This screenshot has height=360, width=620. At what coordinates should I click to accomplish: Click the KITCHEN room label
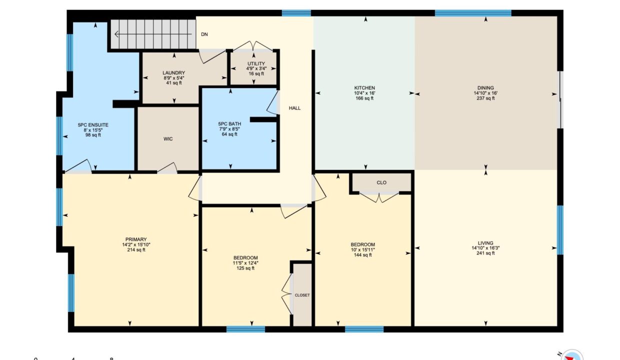[x=365, y=87]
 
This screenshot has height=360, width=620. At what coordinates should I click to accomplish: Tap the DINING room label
[x=485, y=87]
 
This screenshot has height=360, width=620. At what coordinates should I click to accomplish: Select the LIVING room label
[x=485, y=243]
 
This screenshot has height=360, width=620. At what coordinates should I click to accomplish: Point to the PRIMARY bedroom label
[x=136, y=239]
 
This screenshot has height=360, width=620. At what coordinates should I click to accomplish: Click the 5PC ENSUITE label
[x=93, y=125]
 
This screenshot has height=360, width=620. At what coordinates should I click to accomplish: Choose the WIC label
[x=168, y=139]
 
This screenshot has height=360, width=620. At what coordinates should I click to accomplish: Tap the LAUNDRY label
[x=174, y=73]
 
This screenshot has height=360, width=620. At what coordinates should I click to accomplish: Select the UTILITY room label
[x=256, y=63]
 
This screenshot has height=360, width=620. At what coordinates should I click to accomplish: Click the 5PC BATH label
[x=229, y=124]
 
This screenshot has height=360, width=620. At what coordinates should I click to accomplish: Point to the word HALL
[x=295, y=108]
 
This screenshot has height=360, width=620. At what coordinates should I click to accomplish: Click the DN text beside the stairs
[x=204, y=34]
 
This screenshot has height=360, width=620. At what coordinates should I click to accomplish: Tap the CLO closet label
[x=381, y=182]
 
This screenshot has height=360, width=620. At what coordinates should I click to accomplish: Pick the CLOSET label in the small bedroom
[x=302, y=295]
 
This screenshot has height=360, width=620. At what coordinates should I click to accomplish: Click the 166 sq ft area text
[x=364, y=98]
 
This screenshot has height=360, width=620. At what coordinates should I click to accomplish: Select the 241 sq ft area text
[x=485, y=253]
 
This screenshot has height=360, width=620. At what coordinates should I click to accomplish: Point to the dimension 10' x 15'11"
[x=362, y=250]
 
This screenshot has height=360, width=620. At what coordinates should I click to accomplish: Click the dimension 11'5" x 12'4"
[x=245, y=263]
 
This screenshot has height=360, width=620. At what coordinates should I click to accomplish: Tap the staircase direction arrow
[x=153, y=34]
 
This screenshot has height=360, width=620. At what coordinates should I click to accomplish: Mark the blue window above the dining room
[x=473, y=13]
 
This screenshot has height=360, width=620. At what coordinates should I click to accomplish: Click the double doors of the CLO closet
[x=379, y=197]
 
